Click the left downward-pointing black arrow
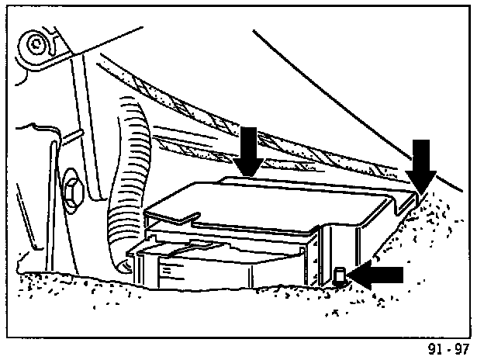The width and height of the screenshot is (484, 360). tap(249, 149)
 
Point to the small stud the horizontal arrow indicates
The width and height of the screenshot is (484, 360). tap(341, 274)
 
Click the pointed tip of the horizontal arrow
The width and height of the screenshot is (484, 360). tap(351, 275)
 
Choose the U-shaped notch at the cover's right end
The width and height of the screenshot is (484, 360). tap(403, 206)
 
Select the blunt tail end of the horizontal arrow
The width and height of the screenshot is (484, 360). tap(402, 275)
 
